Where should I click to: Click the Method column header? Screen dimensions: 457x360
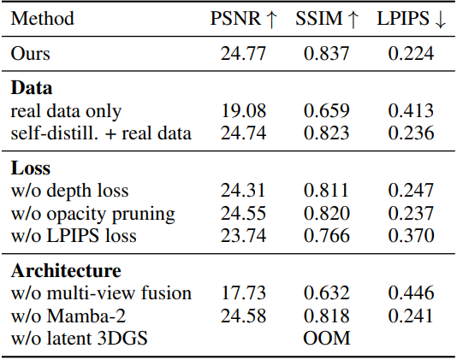(x=43, y=19)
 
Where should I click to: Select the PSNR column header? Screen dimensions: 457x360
(x=243, y=19)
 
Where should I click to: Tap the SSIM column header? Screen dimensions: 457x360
(x=327, y=19)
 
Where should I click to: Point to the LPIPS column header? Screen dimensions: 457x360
(x=411, y=19)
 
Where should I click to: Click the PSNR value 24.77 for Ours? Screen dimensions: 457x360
(x=243, y=54)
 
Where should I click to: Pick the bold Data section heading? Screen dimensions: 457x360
(x=32, y=88)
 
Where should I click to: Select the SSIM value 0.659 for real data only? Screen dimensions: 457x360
(x=326, y=111)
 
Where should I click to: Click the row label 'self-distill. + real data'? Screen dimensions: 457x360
(x=101, y=133)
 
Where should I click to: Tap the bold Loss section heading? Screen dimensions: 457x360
(x=31, y=168)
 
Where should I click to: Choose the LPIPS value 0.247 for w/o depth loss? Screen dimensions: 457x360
(x=411, y=191)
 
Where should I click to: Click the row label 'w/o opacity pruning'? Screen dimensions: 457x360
(x=93, y=214)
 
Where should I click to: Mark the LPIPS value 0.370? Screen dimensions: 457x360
(x=411, y=236)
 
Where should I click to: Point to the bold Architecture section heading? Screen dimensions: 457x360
(x=66, y=270)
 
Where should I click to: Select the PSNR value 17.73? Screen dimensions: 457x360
(x=243, y=293)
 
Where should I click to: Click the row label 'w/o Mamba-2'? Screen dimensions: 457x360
(x=68, y=316)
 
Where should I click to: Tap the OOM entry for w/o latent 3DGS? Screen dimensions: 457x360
(x=327, y=338)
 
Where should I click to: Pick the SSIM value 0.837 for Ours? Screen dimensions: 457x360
(x=326, y=54)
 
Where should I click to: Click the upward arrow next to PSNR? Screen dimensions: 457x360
(x=271, y=20)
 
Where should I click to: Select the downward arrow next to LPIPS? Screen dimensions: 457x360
(x=441, y=20)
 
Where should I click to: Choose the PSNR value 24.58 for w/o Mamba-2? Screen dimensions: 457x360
(x=243, y=316)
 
